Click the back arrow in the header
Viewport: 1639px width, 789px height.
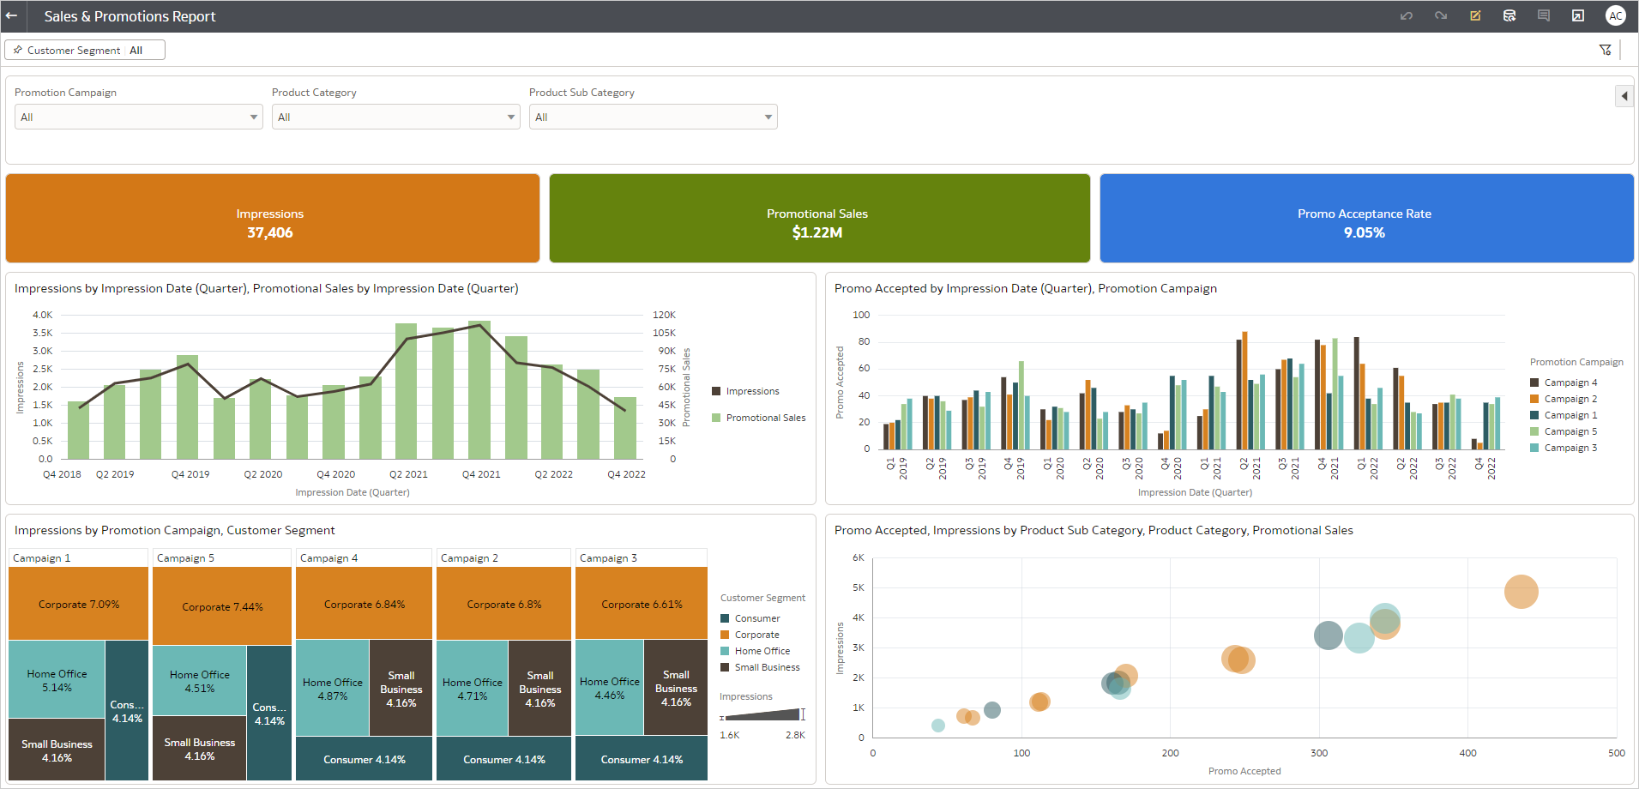11,16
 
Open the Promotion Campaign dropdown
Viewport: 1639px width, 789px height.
138,117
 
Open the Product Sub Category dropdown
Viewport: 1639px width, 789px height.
653,117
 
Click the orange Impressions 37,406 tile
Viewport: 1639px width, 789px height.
272,219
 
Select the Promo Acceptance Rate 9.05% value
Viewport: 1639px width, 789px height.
1364,232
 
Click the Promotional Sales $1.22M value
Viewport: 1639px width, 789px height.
816,232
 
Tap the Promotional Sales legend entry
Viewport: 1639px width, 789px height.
765,418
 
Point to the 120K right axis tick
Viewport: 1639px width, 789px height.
664,315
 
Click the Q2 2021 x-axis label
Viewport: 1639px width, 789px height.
408,474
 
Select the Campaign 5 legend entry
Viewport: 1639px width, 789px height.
1570,431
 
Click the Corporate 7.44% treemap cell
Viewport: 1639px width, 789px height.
222,606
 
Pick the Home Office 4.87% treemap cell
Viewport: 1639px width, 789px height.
333,689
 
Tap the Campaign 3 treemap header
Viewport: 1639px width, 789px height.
608,558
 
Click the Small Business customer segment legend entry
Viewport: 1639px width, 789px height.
766,667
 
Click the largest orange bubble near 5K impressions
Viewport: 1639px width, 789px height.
1521,592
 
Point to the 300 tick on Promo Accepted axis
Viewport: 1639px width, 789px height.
1319,753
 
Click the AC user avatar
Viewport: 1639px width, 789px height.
1615,16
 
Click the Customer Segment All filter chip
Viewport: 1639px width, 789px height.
85,51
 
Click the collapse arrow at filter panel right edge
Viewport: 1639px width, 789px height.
1624,96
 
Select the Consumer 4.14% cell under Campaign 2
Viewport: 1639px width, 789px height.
503,760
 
